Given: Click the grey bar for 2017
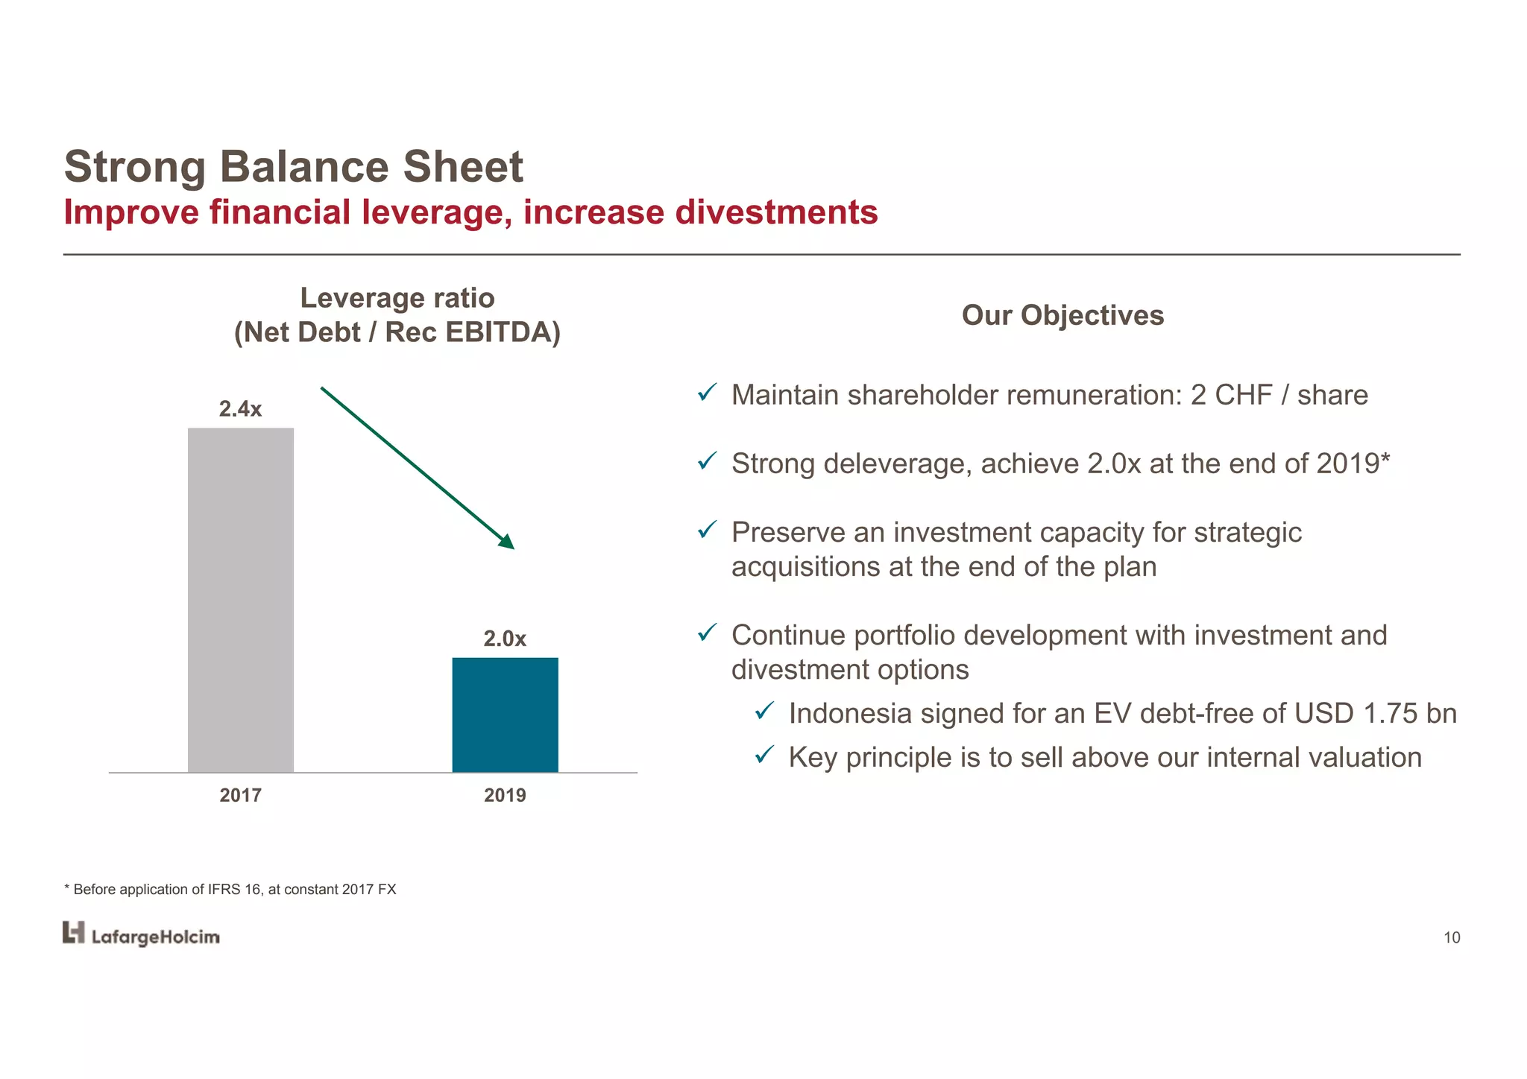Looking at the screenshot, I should tap(240, 600).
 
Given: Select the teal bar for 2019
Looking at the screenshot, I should tap(505, 715).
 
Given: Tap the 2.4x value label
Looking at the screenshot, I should tap(240, 409).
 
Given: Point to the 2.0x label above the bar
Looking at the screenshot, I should tap(505, 639).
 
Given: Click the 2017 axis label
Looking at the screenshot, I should tap(240, 795).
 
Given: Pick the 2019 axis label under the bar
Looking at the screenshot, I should tap(505, 795).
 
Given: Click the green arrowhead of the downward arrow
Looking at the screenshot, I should tap(507, 542).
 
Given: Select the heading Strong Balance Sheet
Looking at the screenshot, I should tap(294, 166).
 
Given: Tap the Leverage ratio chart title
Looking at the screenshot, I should tap(397, 298).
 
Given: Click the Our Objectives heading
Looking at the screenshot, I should tap(1062, 315).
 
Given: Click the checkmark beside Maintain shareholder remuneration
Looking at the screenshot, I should tap(707, 393).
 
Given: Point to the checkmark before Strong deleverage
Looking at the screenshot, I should tap(707, 461).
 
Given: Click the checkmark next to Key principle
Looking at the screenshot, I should tap(764, 755).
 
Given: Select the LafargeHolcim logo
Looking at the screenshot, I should tap(141, 934).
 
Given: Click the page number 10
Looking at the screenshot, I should tap(1451, 938).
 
